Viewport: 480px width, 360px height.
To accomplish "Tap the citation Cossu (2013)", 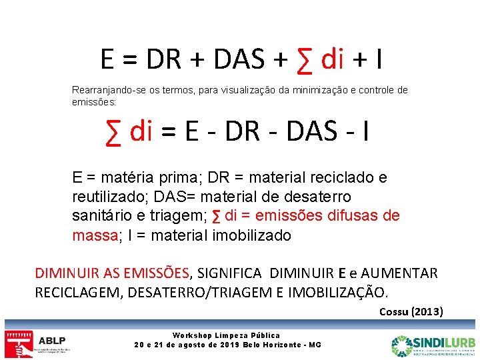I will (411, 311).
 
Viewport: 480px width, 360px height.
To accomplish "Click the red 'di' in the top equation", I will (331, 60).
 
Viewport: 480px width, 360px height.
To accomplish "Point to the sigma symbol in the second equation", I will (115, 131).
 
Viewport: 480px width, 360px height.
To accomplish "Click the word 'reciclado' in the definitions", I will (327, 178).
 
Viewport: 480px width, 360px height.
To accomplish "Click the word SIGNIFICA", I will (228, 273).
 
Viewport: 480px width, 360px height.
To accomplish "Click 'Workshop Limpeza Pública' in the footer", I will (227, 335).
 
